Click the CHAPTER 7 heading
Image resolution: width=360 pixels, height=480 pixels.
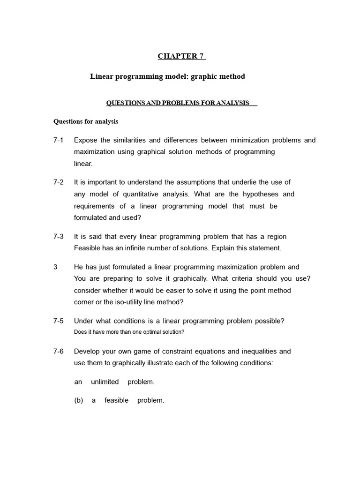(181, 56)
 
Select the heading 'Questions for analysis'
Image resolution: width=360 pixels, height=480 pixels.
(86, 121)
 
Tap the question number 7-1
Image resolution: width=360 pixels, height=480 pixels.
(59, 140)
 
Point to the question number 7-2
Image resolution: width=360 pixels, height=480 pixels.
(59, 182)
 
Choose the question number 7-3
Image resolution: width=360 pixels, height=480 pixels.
(59, 237)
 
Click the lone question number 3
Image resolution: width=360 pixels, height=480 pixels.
(55, 267)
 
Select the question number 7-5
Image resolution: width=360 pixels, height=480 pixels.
(59, 321)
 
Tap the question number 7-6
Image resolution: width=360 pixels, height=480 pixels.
(59, 352)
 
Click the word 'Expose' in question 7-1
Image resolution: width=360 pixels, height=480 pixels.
(85, 140)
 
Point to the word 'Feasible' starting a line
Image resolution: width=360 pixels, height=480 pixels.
(87, 248)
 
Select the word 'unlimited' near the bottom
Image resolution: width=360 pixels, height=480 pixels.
(105, 382)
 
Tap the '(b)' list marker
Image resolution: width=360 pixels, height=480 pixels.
(78, 401)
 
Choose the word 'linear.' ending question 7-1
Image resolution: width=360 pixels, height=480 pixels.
(83, 164)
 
